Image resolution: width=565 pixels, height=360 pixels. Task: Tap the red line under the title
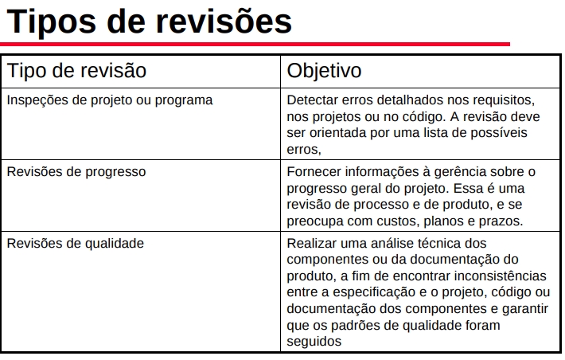click(x=255, y=44)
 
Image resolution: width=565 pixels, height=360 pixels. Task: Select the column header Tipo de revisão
click(x=77, y=70)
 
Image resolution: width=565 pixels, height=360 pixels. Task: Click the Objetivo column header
click(x=324, y=70)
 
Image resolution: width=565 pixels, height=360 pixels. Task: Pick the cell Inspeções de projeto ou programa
click(x=110, y=100)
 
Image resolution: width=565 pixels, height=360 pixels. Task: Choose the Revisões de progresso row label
click(x=76, y=171)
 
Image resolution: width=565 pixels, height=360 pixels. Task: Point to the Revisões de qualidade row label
click(x=76, y=243)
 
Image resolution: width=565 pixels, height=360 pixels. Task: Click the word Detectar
click(x=313, y=100)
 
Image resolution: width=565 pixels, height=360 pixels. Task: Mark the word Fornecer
click(x=314, y=171)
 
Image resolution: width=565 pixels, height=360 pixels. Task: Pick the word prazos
click(x=501, y=221)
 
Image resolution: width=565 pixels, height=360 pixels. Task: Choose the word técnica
click(x=445, y=243)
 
